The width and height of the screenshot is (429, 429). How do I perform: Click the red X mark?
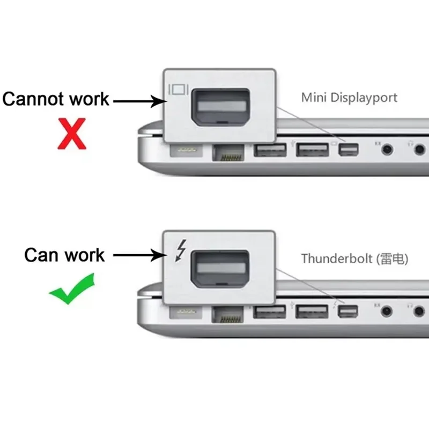click(x=72, y=134)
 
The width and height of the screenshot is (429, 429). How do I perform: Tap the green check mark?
click(x=71, y=289)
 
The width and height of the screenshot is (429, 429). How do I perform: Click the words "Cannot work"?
click(x=56, y=99)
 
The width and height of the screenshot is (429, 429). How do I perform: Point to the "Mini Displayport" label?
click(x=349, y=98)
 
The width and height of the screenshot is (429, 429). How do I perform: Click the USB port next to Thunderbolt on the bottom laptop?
click(x=313, y=312)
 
